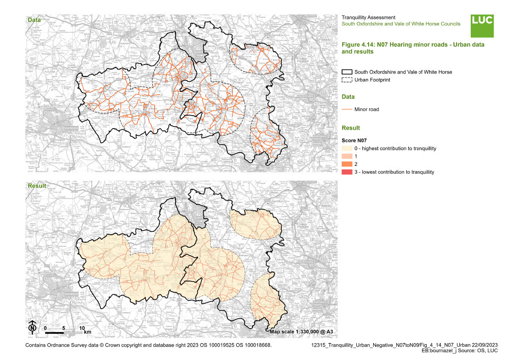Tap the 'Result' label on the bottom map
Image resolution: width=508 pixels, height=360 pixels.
[37, 186]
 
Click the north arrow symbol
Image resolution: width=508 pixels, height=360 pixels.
[32, 327]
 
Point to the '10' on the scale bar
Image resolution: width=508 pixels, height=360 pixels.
[82, 328]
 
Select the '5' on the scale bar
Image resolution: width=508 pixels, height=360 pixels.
[63, 328]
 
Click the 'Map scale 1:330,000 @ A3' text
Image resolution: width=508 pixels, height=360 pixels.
[302, 331]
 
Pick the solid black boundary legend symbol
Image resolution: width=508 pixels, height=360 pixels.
[347, 72]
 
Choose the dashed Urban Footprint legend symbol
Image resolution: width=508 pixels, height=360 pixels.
[347, 79]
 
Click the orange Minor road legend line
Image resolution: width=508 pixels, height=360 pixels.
[347, 109]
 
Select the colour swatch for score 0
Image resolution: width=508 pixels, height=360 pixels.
[347, 149]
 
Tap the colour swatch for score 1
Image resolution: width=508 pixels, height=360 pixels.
[347, 156]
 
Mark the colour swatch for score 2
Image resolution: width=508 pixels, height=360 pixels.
[347, 164]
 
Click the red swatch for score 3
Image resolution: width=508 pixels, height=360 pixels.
[347, 172]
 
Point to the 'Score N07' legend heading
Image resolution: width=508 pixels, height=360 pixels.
[354, 140]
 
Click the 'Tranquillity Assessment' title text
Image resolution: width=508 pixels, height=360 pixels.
[369, 17]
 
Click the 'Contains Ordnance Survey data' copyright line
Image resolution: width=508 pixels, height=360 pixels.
[148, 344]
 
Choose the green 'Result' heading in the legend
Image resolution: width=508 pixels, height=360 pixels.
[351, 128]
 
